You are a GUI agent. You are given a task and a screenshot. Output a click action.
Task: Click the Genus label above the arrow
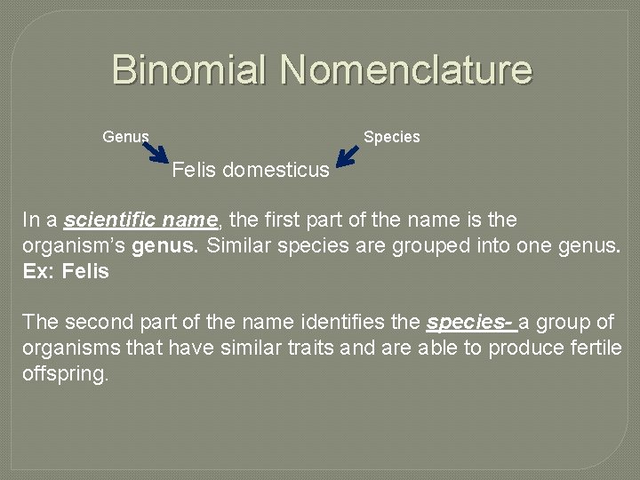(x=125, y=137)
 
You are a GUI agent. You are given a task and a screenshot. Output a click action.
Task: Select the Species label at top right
(x=391, y=137)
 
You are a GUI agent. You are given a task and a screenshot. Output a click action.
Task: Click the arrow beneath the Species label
(x=348, y=156)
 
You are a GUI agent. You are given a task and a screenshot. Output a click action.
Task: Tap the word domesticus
(x=276, y=169)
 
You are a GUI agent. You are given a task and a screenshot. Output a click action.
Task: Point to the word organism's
(x=73, y=245)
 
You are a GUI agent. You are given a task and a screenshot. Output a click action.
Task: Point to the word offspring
(x=65, y=373)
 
